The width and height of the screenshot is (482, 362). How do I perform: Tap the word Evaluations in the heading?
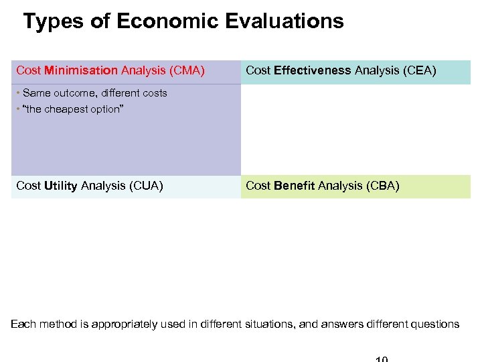coord(285,21)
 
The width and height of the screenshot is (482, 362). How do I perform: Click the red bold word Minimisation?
coord(81,70)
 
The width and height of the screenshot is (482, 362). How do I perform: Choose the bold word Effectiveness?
coord(313,70)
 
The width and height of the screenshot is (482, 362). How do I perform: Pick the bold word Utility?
coord(60,186)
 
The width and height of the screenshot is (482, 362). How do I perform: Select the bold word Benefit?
coord(295,186)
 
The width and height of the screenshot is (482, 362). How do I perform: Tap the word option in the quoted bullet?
coord(104,109)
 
